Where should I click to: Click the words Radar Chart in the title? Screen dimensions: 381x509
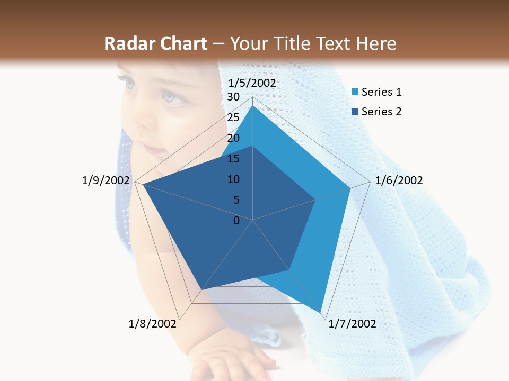tap(155, 43)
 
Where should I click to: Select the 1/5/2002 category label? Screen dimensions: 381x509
tap(252, 83)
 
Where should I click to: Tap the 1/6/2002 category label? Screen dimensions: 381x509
tap(399, 180)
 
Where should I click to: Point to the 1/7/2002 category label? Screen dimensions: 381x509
tap(352, 324)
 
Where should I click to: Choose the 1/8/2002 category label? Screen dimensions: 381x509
tap(153, 324)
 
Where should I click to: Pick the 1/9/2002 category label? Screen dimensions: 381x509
tap(106, 180)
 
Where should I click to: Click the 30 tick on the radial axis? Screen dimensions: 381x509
tap(233, 97)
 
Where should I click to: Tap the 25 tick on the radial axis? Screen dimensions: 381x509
tap(233, 117)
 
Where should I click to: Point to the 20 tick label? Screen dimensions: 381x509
tap(233, 138)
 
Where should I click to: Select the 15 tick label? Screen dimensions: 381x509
tap(233, 159)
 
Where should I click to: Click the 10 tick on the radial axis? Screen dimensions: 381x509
tap(233, 179)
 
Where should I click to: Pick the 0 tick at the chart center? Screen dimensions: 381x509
tap(236, 221)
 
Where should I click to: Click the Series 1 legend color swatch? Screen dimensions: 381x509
tap(355, 93)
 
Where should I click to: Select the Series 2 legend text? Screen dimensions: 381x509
tap(381, 112)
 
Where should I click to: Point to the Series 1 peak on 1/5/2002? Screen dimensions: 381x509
tap(253, 106)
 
